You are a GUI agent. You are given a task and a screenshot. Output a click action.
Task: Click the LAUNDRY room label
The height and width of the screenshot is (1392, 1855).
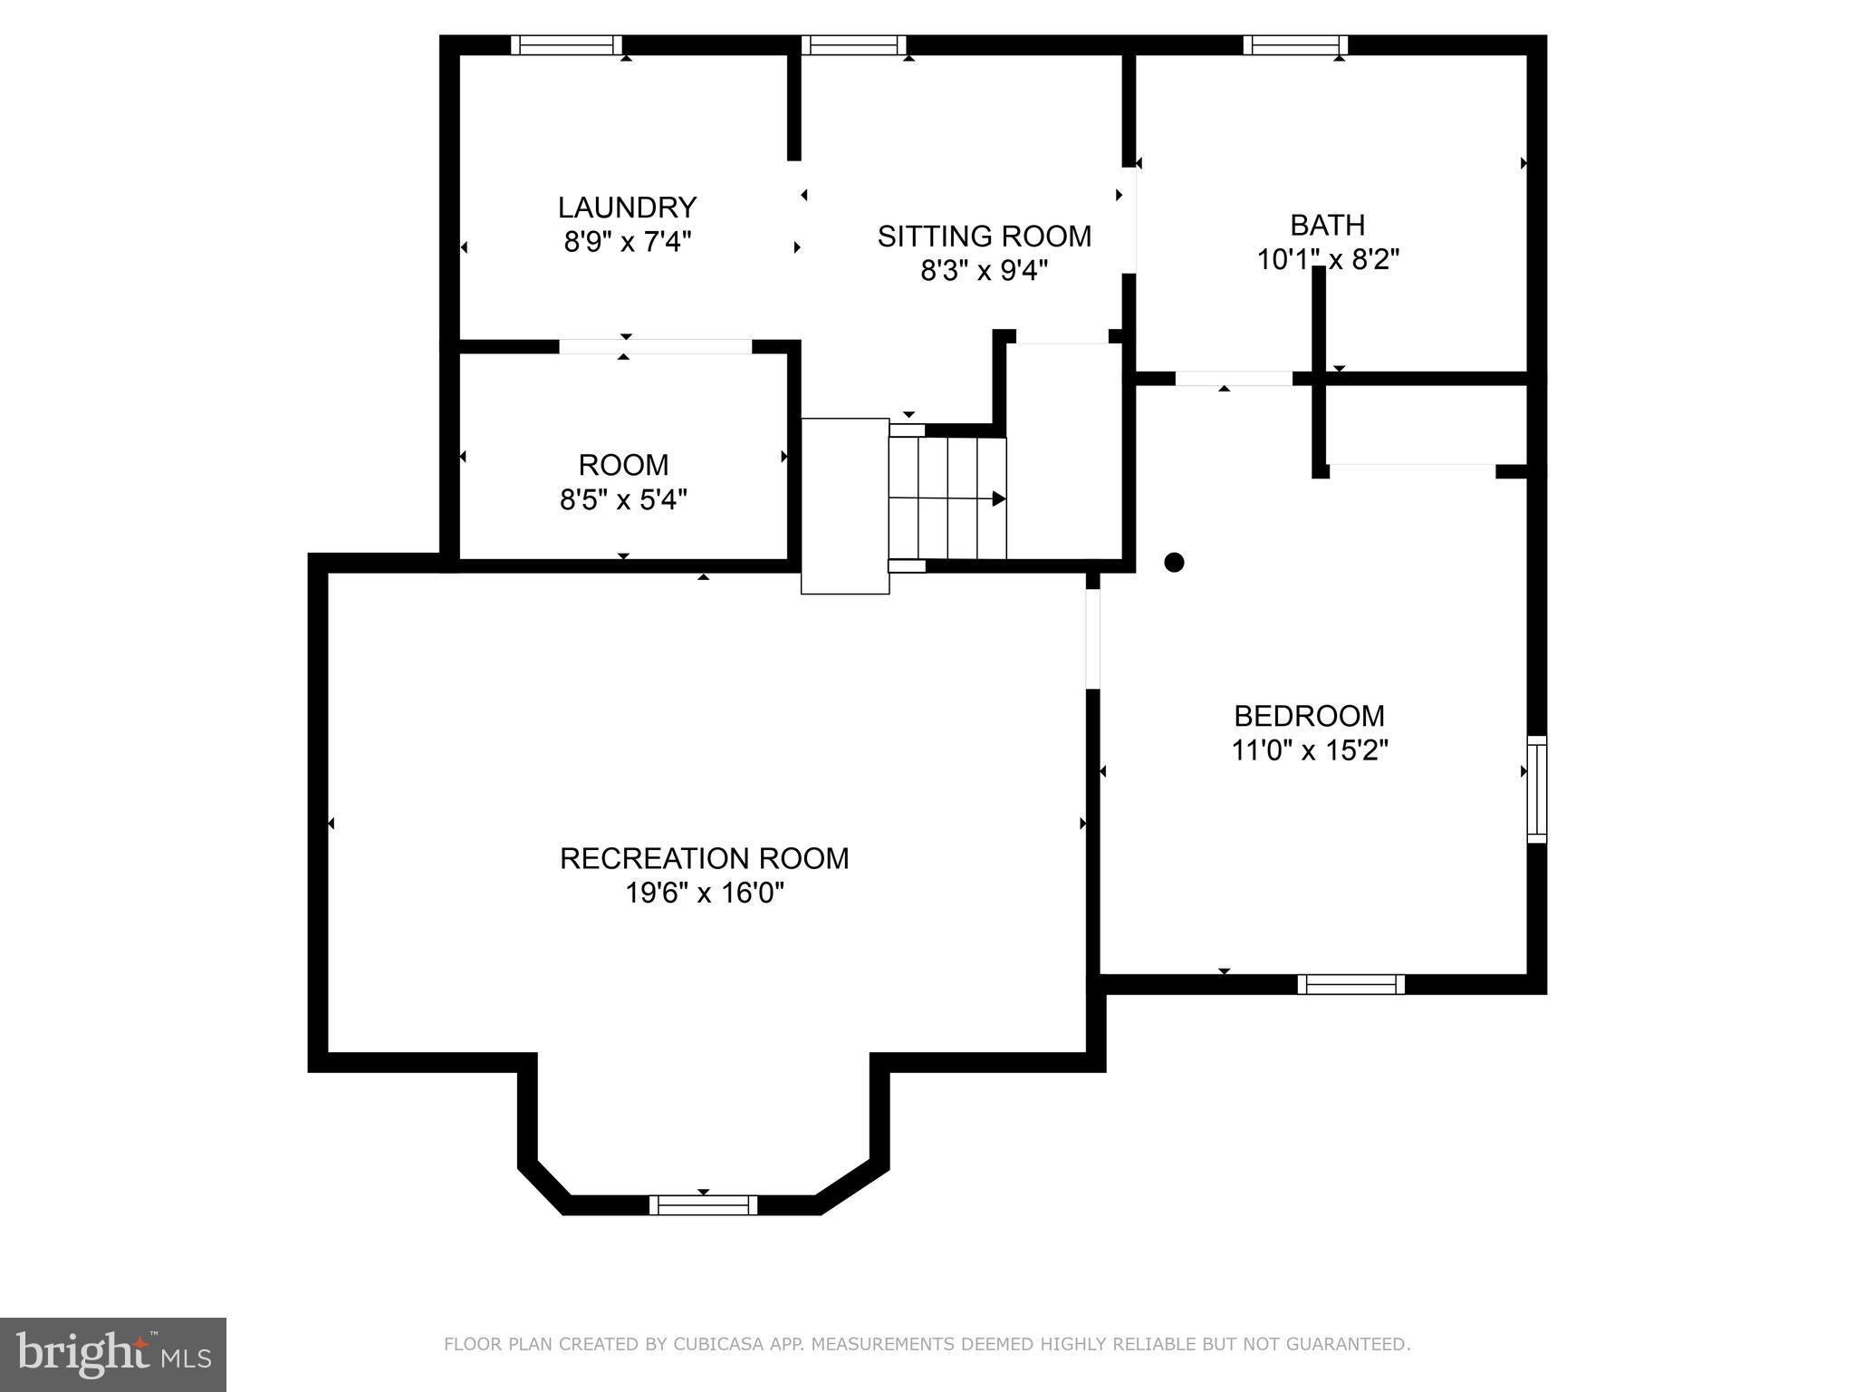627,208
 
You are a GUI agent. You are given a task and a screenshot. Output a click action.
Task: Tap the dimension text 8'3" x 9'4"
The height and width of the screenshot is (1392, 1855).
984,270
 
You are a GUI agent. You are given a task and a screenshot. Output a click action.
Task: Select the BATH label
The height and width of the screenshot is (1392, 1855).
1327,225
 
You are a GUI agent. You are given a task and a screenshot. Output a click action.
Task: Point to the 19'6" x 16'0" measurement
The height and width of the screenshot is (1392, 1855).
704,894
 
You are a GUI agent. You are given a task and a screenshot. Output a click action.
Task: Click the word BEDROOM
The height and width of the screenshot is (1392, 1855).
1309,716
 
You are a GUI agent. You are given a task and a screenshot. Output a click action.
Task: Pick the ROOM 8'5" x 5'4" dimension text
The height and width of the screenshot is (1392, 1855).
623,499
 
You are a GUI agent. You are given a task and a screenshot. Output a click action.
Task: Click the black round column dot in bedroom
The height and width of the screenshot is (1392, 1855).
1174,563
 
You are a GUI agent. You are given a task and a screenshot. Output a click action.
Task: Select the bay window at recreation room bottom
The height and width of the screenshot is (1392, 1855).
703,1204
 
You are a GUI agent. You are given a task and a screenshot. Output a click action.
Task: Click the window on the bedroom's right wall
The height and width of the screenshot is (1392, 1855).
1536,789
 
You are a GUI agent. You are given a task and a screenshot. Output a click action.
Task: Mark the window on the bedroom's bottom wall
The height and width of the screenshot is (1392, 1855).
1350,984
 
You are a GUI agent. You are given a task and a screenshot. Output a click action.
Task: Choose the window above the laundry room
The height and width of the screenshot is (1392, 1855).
566,45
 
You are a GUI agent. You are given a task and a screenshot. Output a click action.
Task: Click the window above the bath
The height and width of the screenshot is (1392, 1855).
1295,45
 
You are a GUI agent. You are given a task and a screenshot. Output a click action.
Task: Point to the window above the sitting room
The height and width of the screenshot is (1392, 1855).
853,45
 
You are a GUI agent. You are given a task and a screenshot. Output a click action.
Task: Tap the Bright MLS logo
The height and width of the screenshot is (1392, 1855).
112,1355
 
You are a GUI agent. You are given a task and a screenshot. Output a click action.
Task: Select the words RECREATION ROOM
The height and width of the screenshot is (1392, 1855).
704,858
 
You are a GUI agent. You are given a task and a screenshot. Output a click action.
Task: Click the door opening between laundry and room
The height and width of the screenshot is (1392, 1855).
655,346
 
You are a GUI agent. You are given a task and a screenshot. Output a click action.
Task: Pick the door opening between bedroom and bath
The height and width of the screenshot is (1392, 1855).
1233,379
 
